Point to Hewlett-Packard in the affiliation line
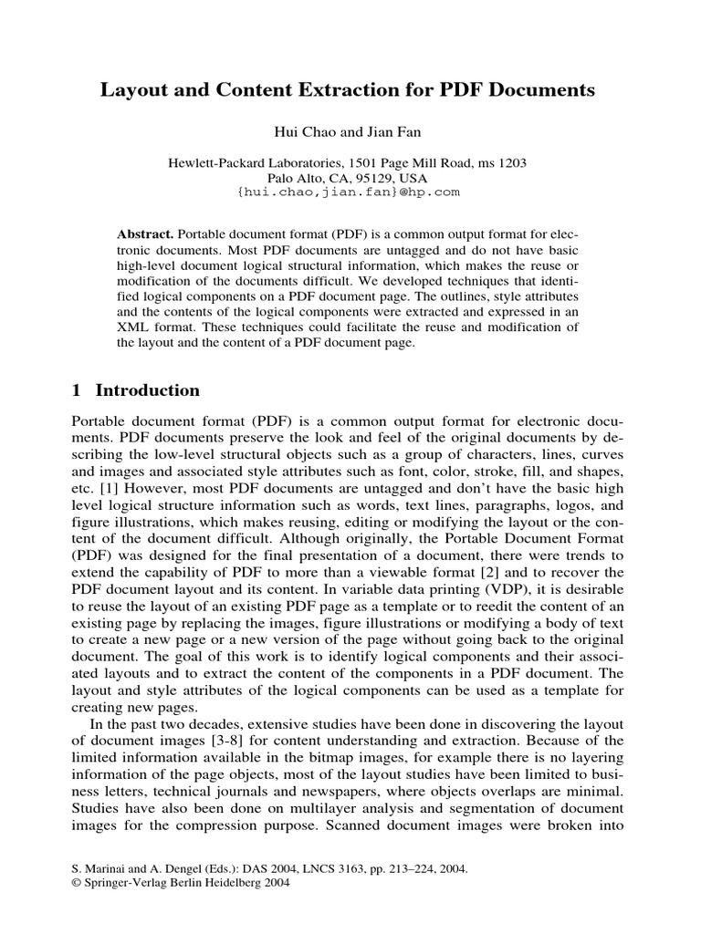[217, 162]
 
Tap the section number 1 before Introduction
[76, 390]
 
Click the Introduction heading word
[148, 390]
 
